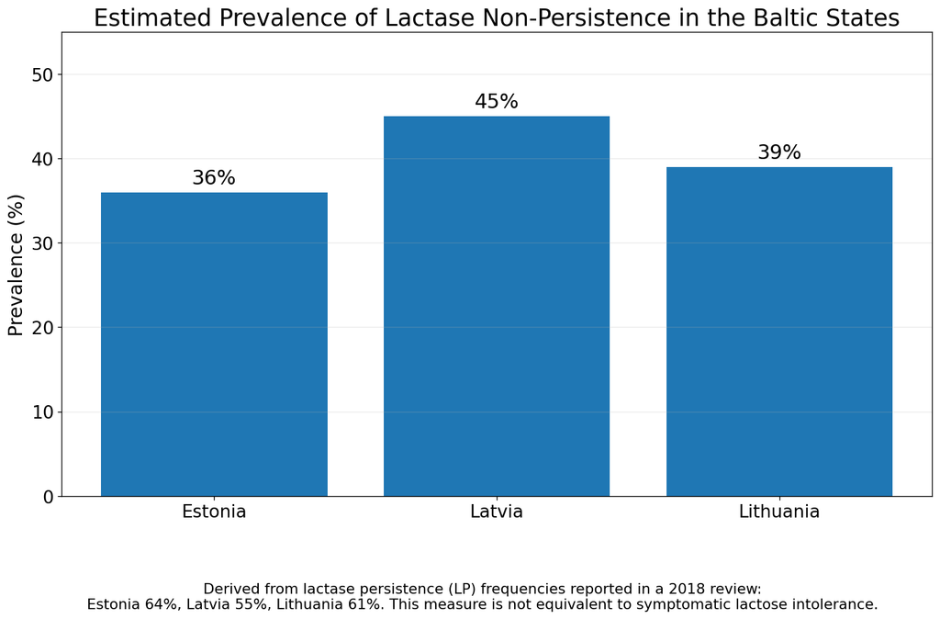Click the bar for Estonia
pyautogui.click(x=214, y=344)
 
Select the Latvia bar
pyautogui.click(x=497, y=306)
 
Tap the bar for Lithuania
pyautogui.click(x=779, y=332)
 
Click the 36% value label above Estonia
pyautogui.click(x=214, y=177)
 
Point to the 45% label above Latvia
pyautogui.click(x=497, y=101)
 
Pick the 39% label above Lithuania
pyautogui.click(x=779, y=152)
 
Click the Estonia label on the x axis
pyautogui.click(x=214, y=512)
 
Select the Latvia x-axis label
pyautogui.click(x=497, y=512)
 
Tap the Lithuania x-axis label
pyautogui.click(x=779, y=512)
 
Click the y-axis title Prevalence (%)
pyautogui.click(x=17, y=264)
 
